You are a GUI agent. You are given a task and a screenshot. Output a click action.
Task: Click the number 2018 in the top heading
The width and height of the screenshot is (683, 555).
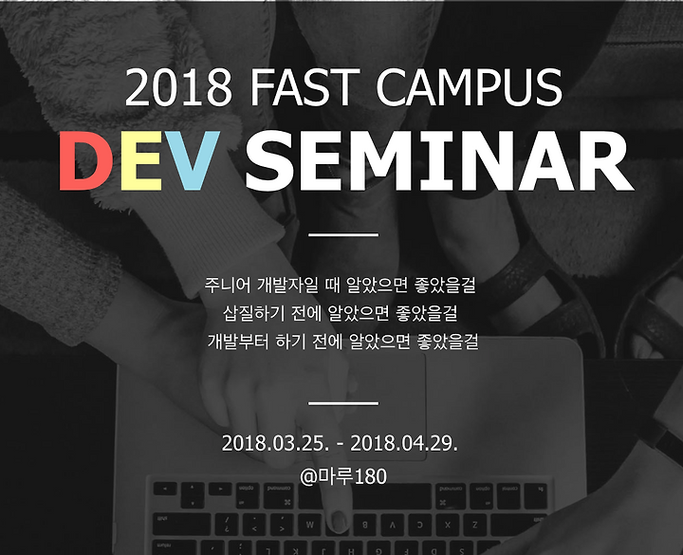pos(179,87)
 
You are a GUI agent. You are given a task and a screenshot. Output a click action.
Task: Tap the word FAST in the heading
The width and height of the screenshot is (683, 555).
pos(302,87)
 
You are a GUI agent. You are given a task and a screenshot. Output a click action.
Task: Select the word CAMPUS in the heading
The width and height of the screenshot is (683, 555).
pos(469,87)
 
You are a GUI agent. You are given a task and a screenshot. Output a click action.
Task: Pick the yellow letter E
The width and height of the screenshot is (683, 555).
pos(140,160)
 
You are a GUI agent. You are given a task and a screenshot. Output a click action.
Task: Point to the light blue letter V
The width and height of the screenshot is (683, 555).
pos(192,160)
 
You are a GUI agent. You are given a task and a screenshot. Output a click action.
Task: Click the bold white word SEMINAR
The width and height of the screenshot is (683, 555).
pos(438,160)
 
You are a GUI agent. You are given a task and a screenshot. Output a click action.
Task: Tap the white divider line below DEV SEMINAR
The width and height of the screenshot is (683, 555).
pos(343,235)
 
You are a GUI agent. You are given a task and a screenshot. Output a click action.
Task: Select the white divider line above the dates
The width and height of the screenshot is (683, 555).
pos(343,403)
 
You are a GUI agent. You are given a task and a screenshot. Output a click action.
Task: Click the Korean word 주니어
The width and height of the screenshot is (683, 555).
pos(228,286)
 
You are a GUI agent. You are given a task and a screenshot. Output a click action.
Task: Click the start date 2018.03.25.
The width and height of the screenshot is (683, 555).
pos(275,443)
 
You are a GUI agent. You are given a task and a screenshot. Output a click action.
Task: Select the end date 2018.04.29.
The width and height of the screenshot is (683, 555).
pos(404,443)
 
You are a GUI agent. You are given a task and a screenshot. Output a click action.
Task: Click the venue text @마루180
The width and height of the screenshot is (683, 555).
pos(343,476)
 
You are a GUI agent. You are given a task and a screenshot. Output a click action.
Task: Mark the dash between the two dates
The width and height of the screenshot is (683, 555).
pos(340,445)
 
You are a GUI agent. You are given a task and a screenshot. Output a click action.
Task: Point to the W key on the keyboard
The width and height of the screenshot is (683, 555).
pos(309,525)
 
